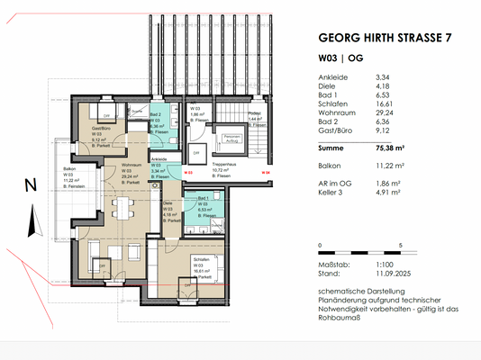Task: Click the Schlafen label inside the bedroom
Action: [x=200, y=258]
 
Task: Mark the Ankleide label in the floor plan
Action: [x=159, y=158]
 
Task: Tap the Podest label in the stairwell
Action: [x=254, y=113]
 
